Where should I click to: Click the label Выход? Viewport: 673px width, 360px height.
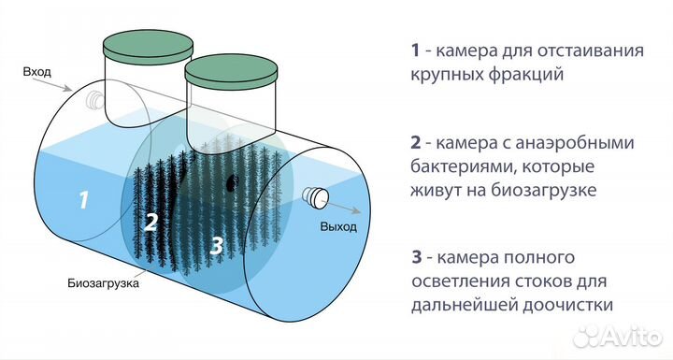[x=339, y=227]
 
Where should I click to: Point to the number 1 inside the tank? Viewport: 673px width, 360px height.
[x=84, y=199]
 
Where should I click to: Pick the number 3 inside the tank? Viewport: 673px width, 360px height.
[x=217, y=246]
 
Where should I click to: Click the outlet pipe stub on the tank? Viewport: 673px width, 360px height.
[x=316, y=196]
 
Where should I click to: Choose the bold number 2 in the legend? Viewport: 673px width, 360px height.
[x=414, y=143]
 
